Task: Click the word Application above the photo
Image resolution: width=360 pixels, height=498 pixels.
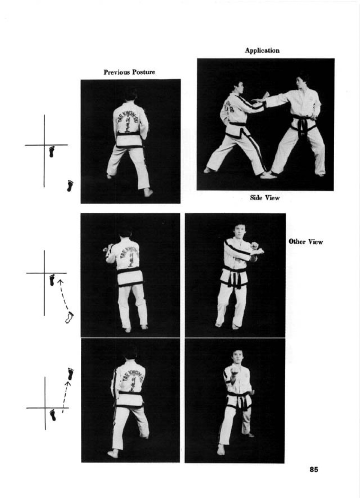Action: point(262,51)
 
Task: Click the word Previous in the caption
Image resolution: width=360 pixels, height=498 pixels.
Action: point(117,72)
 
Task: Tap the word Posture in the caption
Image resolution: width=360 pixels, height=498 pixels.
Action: point(143,72)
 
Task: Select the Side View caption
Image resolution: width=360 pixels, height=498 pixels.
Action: point(264,198)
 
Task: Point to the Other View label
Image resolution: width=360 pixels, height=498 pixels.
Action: point(306,242)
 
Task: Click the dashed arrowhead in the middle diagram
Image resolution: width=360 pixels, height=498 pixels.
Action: point(60,282)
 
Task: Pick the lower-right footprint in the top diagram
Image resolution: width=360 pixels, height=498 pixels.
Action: point(70,186)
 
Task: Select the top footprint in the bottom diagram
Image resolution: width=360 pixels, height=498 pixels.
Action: point(71,374)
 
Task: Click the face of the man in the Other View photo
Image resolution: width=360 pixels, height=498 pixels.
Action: point(239,231)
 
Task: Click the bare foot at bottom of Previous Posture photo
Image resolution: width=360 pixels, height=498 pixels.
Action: point(148,192)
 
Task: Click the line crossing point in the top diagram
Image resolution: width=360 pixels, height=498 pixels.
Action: point(44,145)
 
